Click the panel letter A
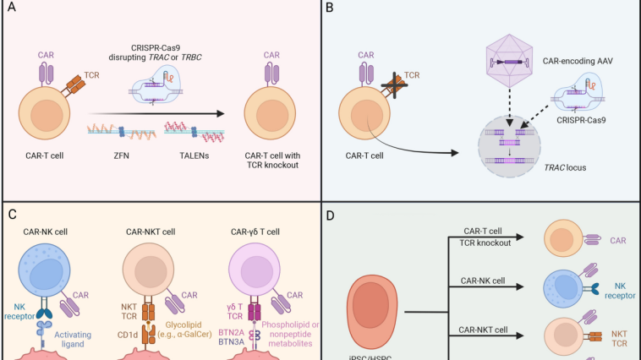coord(12,12)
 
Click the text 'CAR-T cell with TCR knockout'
coord(272,161)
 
